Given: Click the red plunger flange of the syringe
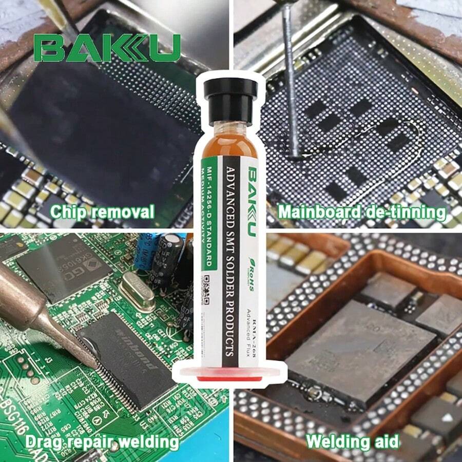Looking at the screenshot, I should [229, 376].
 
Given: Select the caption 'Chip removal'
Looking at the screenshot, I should [103, 211].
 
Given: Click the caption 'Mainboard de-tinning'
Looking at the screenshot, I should [361, 211].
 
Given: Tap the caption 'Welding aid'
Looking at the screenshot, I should [352, 441].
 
